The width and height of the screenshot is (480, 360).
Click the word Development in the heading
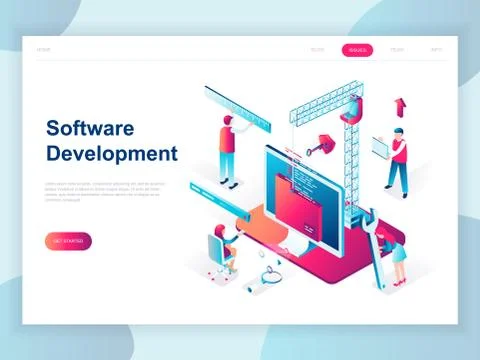pyautogui.click(x=111, y=153)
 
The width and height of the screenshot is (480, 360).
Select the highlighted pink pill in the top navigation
pyautogui.click(x=357, y=49)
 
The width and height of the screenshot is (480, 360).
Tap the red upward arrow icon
pyautogui.click(x=401, y=105)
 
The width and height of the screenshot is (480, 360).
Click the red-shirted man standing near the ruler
pyautogui.click(x=227, y=150)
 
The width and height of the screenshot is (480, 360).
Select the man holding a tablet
pyautogui.click(x=398, y=160)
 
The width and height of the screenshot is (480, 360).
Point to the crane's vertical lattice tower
pyautogui.click(x=350, y=150)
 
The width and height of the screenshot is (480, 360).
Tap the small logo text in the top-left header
pyautogui.click(x=43, y=49)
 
